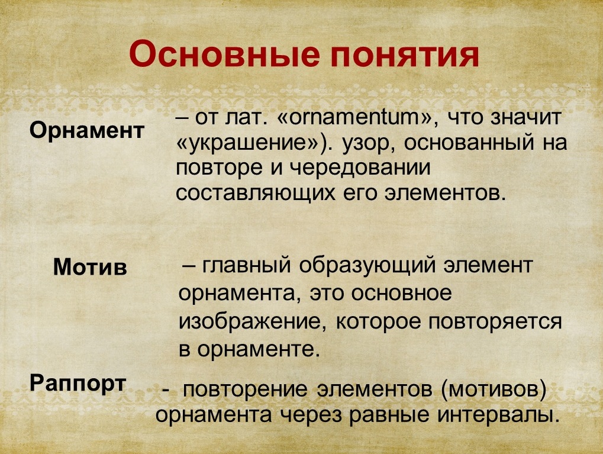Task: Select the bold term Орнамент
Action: point(87,131)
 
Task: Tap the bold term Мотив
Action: point(90,266)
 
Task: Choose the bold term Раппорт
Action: point(78,383)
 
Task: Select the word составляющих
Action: point(256,194)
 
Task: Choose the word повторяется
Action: point(495,323)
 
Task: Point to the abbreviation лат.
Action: point(246,118)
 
